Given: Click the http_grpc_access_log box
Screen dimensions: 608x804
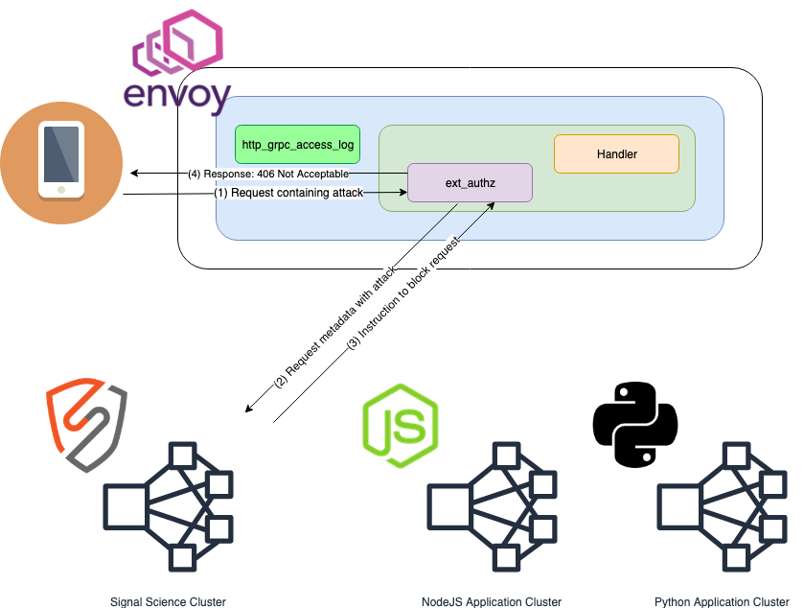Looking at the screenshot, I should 297,145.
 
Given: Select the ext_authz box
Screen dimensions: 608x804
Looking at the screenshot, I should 470,182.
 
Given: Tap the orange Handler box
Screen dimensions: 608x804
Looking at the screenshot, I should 616,153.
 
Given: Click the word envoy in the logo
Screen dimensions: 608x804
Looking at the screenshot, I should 178,95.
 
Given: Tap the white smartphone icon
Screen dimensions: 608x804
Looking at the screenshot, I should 61,158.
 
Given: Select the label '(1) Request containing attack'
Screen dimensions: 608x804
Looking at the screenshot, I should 288,193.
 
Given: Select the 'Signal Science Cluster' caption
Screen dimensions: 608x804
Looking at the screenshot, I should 168,601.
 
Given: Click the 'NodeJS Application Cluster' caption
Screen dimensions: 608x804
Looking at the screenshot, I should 491,601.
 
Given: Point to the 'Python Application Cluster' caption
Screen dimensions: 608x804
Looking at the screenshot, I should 722,601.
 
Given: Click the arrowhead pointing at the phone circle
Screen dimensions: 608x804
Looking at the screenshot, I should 134,174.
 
